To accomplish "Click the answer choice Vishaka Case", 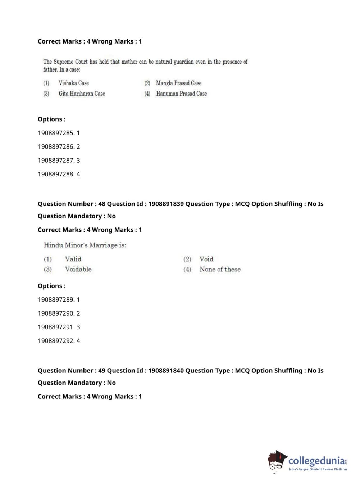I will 73,83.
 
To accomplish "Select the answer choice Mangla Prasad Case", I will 178,83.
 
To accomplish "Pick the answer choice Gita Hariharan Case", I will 82,94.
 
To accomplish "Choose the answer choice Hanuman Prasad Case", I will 181,94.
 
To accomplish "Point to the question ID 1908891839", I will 166,204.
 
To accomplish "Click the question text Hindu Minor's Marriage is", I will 85,245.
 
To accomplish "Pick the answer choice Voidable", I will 78,269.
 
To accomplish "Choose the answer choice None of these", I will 220,269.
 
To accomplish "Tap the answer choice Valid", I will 73,259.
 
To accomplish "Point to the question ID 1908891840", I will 166,371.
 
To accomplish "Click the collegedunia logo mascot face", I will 276,461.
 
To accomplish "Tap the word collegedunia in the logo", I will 316,461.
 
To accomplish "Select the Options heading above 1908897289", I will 51,286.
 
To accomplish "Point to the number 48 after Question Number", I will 102,204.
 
